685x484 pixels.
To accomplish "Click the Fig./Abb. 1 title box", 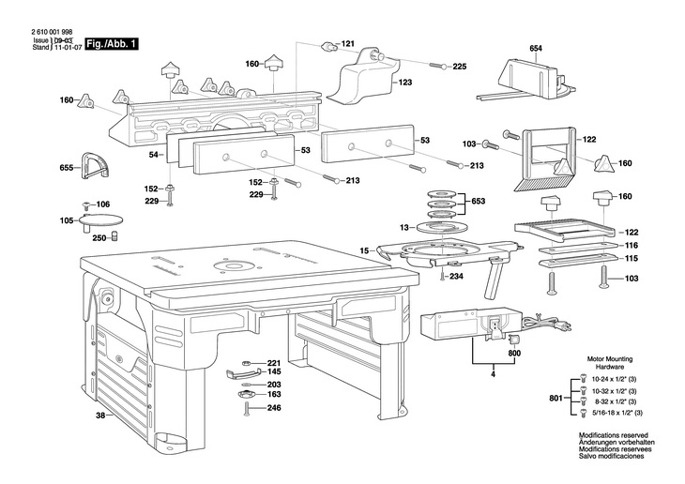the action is (113, 44).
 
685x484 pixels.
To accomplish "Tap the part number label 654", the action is (536, 48).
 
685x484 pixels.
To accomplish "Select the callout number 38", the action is (100, 416).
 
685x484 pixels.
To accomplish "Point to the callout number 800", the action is (514, 353).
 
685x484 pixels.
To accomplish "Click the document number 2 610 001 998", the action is (52, 32).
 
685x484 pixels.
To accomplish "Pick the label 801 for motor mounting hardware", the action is (556, 398).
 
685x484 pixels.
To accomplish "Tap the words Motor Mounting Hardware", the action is (610, 363).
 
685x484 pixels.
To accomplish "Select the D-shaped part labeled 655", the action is (95, 166).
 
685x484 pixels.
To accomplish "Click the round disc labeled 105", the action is (101, 219).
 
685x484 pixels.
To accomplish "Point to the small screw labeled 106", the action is (86, 204).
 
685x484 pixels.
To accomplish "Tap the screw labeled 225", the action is (438, 66).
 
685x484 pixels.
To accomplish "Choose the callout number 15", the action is (364, 250).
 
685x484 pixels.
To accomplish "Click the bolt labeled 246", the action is (247, 409).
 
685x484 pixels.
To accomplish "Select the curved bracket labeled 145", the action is (243, 372).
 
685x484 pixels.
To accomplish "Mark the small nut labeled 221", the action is (246, 363).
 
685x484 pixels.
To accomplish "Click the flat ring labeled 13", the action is (443, 228).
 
